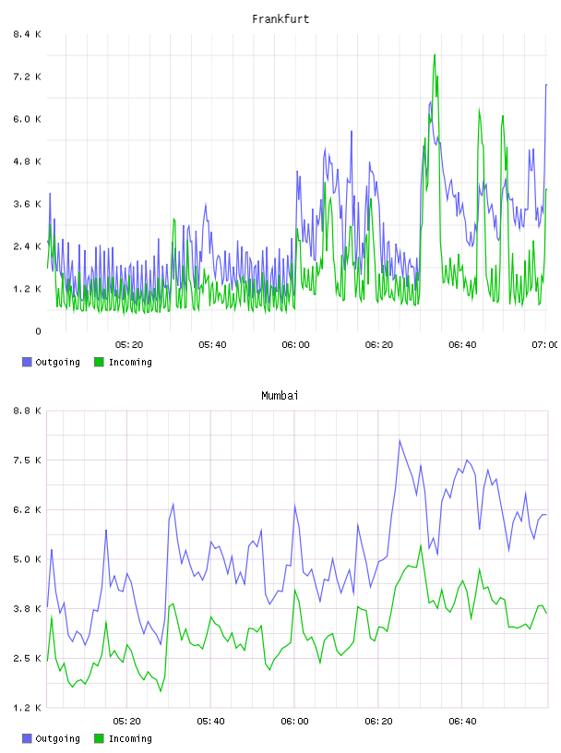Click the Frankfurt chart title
point(280,19)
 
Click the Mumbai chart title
point(280,396)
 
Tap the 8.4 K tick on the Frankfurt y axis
point(27,34)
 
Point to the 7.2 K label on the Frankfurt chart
point(27,77)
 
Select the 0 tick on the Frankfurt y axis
point(38,331)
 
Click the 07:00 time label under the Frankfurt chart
point(544,344)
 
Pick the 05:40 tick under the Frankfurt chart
point(212,344)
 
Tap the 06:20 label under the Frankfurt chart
point(379,344)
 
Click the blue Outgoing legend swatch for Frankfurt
point(27,362)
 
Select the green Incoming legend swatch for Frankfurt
point(99,362)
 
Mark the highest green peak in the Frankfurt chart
point(435,54)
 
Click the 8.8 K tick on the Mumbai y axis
point(27,411)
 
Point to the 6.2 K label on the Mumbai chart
point(27,509)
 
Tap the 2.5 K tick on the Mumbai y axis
point(27,658)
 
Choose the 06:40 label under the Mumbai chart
point(462,721)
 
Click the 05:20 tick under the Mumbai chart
point(126,721)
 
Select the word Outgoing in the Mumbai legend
point(57,738)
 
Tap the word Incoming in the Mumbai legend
point(130,738)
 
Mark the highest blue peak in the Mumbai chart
point(400,440)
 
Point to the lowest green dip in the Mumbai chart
point(161,691)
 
